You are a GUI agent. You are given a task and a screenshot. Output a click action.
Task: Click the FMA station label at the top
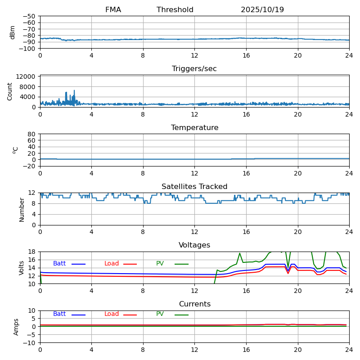[113, 10]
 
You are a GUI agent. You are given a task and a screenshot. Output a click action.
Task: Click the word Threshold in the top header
[175, 10]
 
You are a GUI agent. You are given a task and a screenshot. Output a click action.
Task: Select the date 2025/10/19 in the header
[262, 10]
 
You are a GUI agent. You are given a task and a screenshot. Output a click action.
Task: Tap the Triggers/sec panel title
[194, 69]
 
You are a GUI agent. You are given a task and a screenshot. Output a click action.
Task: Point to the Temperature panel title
[194, 128]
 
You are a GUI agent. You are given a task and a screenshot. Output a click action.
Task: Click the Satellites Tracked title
[194, 187]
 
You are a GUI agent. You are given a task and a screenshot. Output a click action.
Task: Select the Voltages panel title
[194, 245]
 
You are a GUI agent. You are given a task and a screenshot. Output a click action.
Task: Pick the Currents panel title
[194, 304]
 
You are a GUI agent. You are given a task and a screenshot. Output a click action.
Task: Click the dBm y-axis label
[13, 32]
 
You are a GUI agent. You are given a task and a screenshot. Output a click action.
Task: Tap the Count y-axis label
[10, 91]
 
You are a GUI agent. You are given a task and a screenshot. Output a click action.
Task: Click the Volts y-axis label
[22, 268]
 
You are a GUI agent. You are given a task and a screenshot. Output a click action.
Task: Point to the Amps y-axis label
[16, 327]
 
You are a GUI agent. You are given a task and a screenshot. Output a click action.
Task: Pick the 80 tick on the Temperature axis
[32, 134]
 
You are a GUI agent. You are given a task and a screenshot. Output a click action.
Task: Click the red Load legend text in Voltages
[112, 264]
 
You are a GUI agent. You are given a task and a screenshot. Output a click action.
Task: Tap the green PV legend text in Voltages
[160, 264]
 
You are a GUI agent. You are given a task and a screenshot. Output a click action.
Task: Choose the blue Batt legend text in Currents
[59, 314]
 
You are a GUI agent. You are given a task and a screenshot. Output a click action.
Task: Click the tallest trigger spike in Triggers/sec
[74, 90]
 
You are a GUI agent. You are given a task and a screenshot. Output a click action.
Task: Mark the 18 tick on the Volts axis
[32, 252]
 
